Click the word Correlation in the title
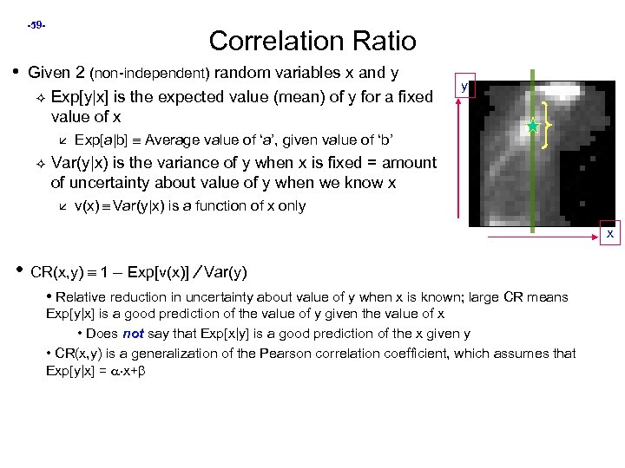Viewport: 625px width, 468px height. coord(275,41)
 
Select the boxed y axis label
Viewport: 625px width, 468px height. coord(465,87)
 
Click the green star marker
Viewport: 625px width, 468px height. coord(532,127)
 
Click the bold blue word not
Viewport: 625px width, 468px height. coord(134,334)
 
